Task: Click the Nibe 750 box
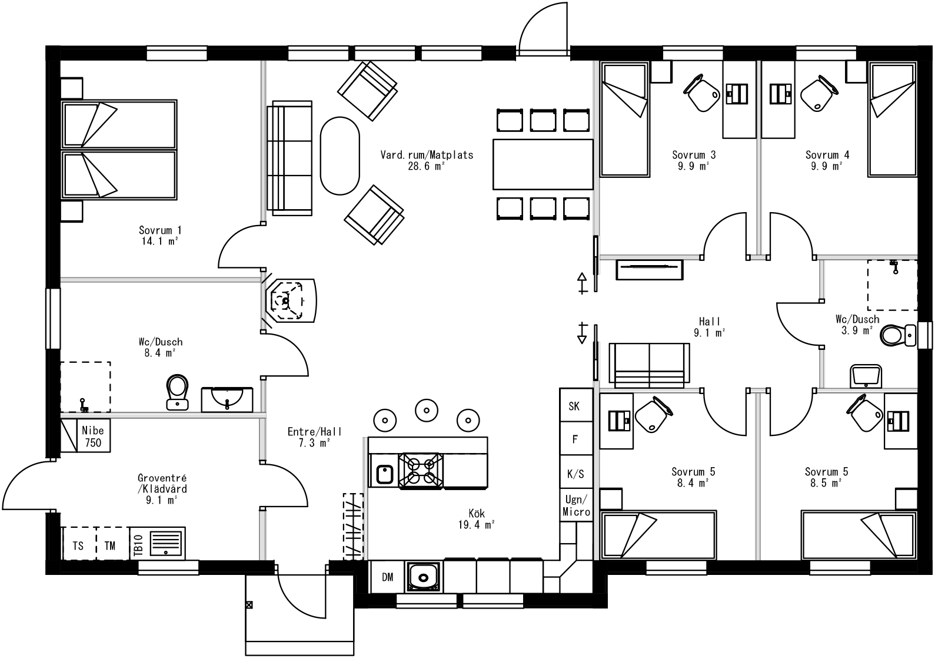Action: click(x=93, y=436)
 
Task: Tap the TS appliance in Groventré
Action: click(x=78, y=545)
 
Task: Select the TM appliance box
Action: click(x=110, y=545)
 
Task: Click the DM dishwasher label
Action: click(x=387, y=577)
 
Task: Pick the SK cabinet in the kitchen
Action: click(x=574, y=405)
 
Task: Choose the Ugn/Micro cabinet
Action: click(x=575, y=505)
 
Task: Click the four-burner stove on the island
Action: click(x=421, y=471)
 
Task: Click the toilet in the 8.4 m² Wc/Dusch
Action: click(x=177, y=391)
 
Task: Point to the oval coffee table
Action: click(x=340, y=156)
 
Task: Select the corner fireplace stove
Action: click(x=290, y=301)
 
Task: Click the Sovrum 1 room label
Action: click(x=159, y=230)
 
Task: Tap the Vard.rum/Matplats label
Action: click(x=426, y=155)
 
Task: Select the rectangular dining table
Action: click(x=543, y=164)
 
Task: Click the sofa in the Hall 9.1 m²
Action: click(x=649, y=365)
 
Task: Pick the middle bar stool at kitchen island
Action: click(x=426, y=409)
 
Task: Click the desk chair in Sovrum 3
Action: click(x=701, y=93)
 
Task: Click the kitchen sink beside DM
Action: click(x=422, y=576)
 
